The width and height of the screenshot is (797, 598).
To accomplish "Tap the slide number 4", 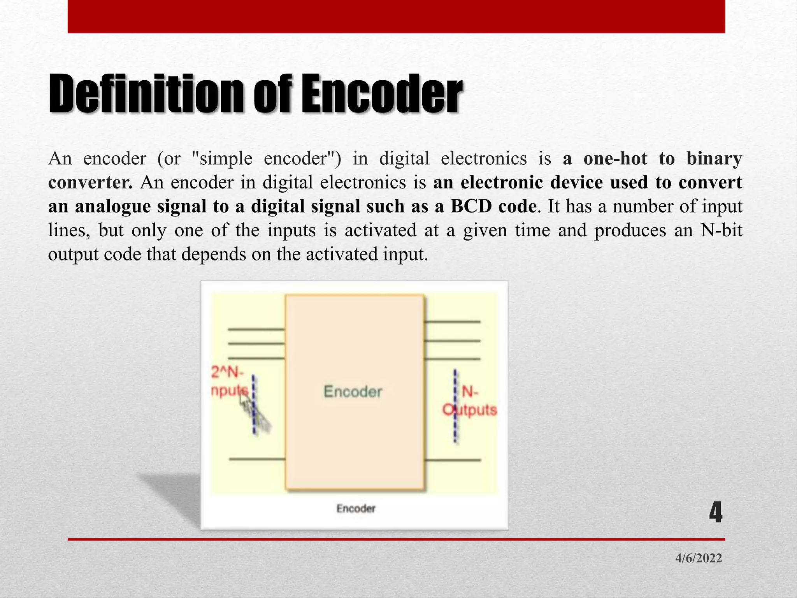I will click(x=715, y=513).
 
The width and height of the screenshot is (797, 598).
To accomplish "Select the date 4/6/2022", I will click(x=699, y=558).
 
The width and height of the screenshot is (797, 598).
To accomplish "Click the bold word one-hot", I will click(x=616, y=159).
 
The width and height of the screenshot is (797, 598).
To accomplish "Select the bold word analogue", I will click(x=113, y=206).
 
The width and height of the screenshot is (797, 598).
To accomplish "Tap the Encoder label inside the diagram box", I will click(x=353, y=391).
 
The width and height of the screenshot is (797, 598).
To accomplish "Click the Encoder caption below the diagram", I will click(x=356, y=508).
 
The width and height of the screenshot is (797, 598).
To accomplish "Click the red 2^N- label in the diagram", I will click(x=227, y=373).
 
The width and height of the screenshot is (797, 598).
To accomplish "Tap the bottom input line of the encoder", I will click(x=257, y=459).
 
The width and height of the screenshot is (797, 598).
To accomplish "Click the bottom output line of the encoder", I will click(x=452, y=460).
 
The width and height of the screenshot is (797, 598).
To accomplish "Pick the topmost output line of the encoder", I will click(x=452, y=322).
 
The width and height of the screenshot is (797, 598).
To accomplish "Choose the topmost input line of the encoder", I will click(x=256, y=329).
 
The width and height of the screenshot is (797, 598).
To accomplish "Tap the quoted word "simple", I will click(x=222, y=159).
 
